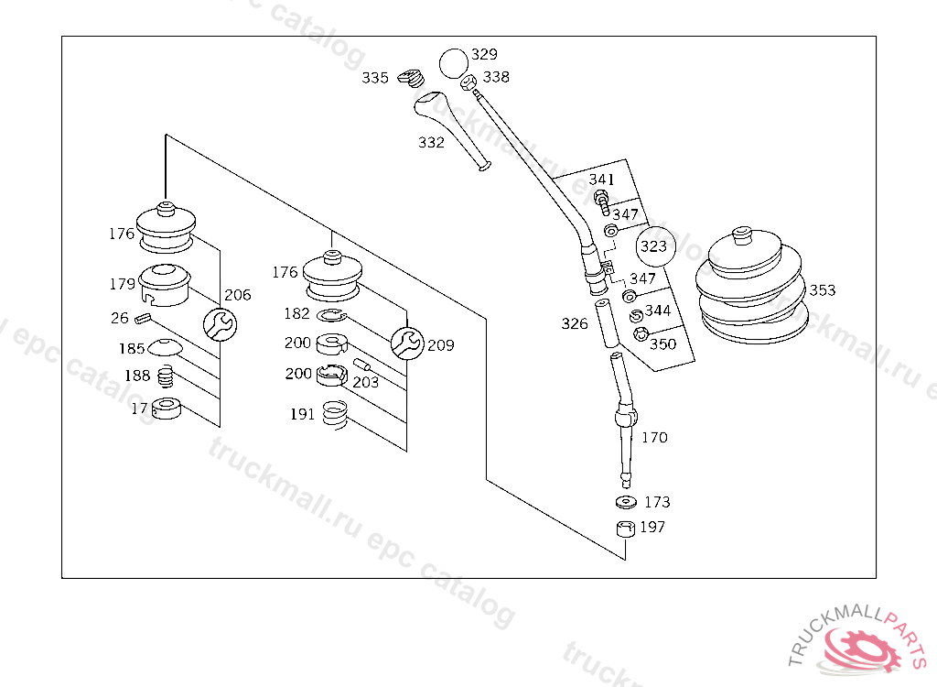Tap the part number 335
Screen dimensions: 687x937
(x=375, y=78)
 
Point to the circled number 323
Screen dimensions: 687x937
(x=653, y=246)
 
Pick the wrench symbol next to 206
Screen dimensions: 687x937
(x=219, y=323)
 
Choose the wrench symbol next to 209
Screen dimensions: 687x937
(x=408, y=342)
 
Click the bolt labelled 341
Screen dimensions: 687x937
(x=601, y=200)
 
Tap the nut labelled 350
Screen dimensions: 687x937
(x=641, y=335)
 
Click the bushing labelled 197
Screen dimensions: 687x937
(x=625, y=529)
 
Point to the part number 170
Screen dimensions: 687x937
(x=654, y=438)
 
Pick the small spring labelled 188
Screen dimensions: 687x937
(x=166, y=376)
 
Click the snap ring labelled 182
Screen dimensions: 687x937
(x=332, y=315)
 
